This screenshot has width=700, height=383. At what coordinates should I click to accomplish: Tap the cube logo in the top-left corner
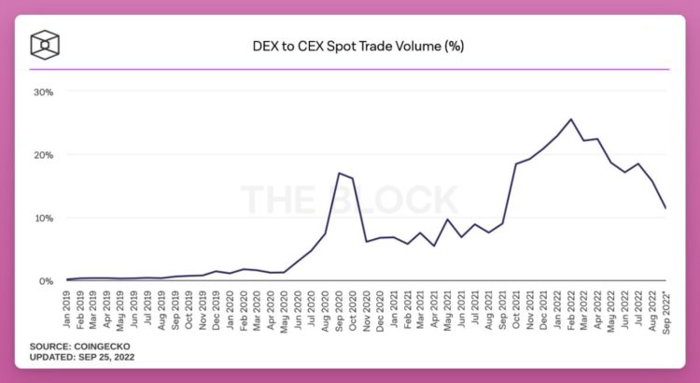(x=45, y=45)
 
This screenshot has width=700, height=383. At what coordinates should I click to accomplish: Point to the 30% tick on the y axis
(x=43, y=92)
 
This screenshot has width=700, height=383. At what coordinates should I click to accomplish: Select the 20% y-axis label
(x=43, y=155)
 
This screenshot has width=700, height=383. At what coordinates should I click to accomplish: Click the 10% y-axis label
(x=43, y=219)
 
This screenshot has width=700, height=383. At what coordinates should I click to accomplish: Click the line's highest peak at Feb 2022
(x=570, y=119)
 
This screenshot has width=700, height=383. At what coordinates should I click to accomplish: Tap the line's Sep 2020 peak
(x=340, y=173)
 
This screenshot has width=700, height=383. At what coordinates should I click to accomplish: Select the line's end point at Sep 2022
(x=665, y=208)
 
